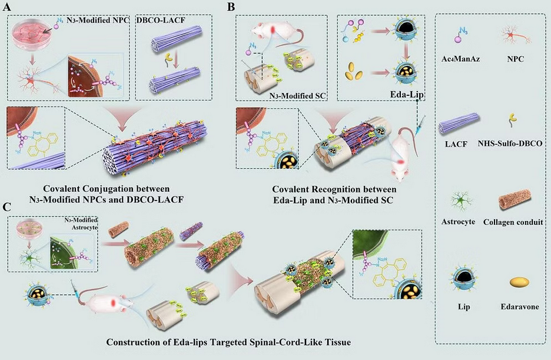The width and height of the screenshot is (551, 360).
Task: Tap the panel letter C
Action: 6,207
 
